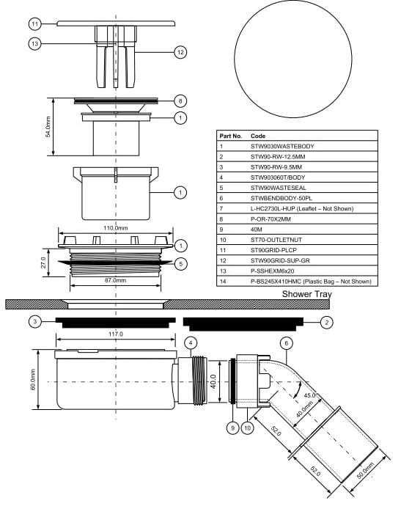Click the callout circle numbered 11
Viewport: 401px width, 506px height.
[34, 23]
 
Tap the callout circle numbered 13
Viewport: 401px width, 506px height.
[34, 43]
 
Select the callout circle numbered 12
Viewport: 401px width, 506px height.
[180, 52]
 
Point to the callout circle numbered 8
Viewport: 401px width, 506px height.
[180, 101]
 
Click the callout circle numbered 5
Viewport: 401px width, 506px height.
[180, 264]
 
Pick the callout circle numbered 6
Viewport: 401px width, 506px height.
[287, 343]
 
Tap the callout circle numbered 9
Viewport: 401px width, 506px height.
[232, 428]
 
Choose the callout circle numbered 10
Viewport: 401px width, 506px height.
[248, 428]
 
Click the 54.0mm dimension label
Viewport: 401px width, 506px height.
[48, 127]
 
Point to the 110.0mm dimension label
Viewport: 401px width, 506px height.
[116, 228]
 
